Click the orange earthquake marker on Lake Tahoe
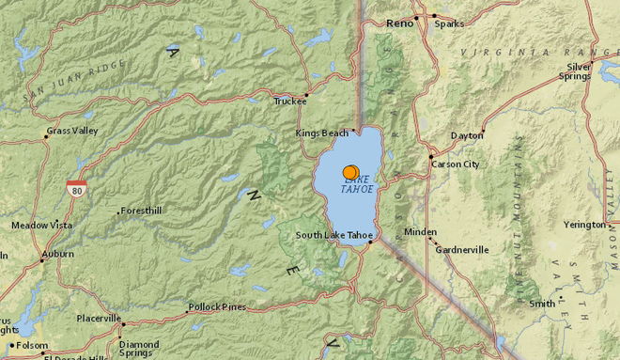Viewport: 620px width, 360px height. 350,172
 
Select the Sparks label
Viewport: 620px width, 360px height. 449,23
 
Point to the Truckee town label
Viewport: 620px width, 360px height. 290,102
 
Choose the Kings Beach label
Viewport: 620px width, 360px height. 321,133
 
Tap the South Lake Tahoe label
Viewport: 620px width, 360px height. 329,235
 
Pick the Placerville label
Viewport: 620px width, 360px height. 99,318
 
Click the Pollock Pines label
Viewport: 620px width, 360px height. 218,306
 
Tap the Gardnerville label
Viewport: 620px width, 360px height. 466,251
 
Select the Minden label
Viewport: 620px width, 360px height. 420,231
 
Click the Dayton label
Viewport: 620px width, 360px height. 467,135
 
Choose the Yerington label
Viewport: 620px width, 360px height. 584,225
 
